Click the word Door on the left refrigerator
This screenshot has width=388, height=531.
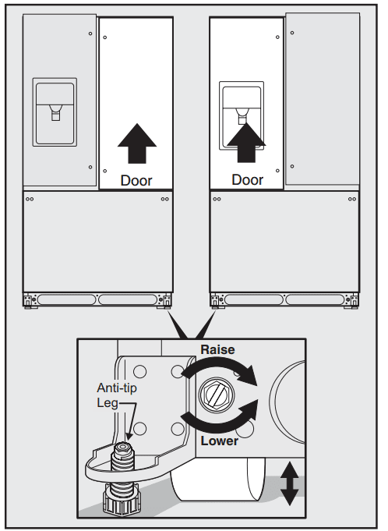click(x=136, y=180)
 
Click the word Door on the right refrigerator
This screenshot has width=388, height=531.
click(x=248, y=180)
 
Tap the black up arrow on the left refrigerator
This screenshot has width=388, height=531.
click(x=136, y=143)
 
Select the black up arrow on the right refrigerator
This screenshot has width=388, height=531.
click(x=248, y=143)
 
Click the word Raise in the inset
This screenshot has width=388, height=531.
click(x=218, y=350)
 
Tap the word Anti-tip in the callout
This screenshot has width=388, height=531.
click(x=114, y=388)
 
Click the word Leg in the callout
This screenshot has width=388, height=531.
click(x=108, y=402)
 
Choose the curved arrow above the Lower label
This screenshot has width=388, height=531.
click(x=222, y=417)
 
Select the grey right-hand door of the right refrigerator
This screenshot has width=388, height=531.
click(x=323, y=99)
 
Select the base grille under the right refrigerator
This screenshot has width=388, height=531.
click(x=284, y=299)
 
